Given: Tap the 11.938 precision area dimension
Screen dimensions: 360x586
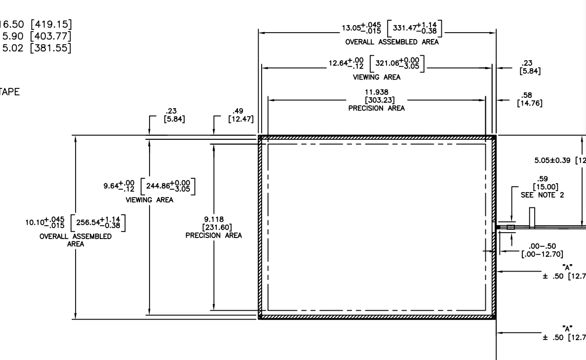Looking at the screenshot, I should [x=376, y=92].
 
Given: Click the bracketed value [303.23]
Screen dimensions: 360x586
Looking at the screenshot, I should [x=376, y=100].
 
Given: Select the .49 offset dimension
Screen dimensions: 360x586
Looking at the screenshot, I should [x=240, y=111].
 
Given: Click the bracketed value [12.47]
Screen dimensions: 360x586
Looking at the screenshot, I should [x=240, y=119].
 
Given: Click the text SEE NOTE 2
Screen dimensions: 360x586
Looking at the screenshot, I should [x=543, y=195].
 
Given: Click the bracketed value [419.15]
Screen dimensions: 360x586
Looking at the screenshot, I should [x=49, y=23].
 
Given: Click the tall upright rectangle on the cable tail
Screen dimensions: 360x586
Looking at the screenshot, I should [x=532, y=218].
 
